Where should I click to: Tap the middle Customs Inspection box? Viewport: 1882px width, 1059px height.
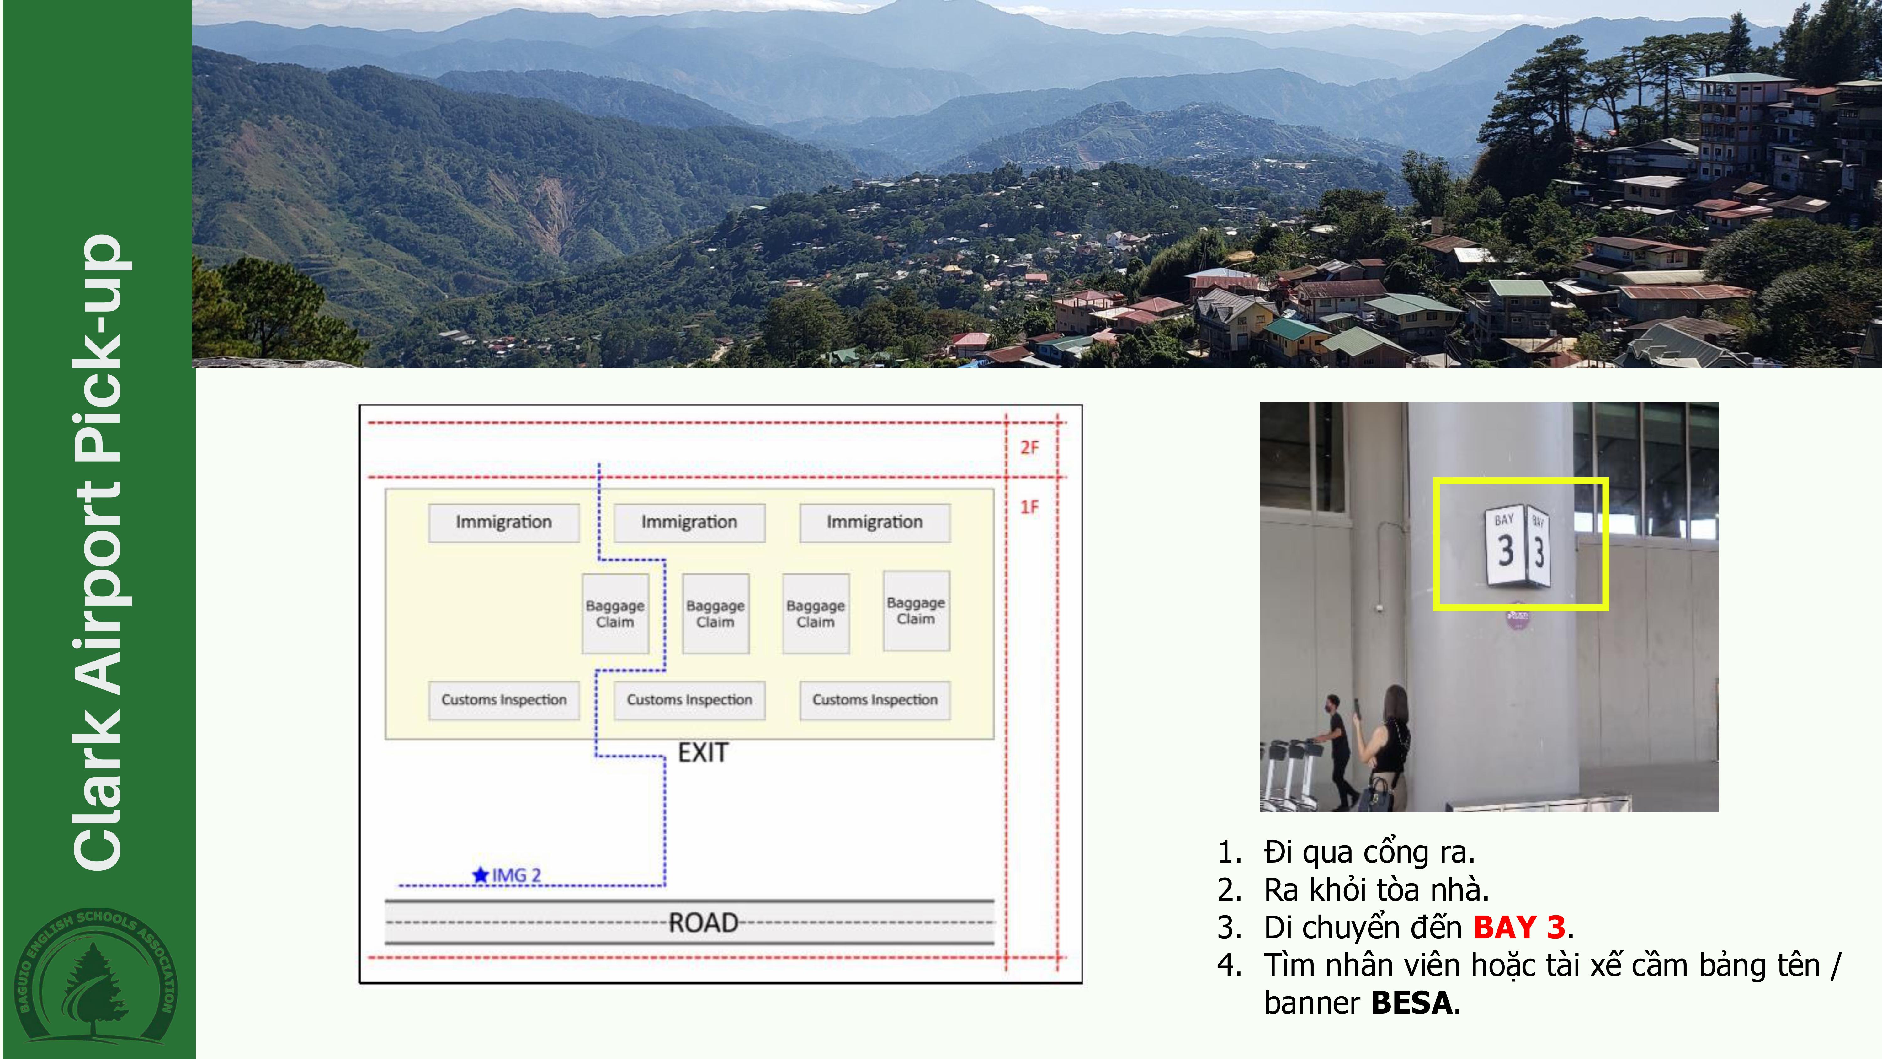pyautogui.click(x=689, y=700)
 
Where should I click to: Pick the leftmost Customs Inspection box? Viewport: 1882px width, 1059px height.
pyautogui.click(x=503, y=700)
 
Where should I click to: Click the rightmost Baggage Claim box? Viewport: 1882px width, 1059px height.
pyautogui.click(x=916, y=611)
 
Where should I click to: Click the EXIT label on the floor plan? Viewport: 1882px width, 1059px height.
pyautogui.click(x=703, y=753)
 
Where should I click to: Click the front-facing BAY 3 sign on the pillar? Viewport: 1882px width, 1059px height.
pyautogui.click(x=1504, y=544)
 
